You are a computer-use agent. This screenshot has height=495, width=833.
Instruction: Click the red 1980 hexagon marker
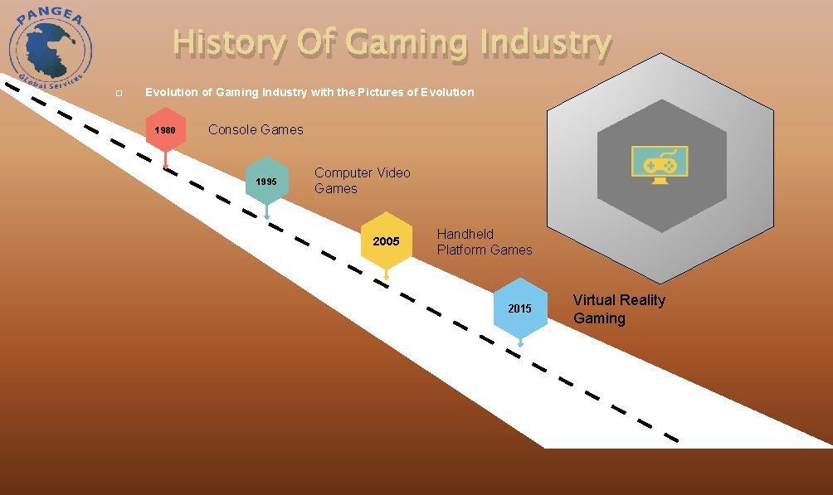point(165,130)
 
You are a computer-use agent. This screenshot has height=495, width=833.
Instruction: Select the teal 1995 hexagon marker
point(266,181)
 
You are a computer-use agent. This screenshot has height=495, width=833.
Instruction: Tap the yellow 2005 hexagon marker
point(386,241)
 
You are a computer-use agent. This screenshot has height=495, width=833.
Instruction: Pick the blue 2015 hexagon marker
point(519,308)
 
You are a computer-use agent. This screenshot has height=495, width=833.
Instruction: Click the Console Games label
point(256,129)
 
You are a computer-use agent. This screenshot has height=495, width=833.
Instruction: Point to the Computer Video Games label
point(362,181)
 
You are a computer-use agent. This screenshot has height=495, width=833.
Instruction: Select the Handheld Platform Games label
point(485,242)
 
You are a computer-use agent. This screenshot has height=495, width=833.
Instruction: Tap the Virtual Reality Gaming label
point(619,308)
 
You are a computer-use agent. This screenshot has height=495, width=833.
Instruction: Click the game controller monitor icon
point(660,164)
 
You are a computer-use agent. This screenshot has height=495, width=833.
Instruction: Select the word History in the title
point(228,43)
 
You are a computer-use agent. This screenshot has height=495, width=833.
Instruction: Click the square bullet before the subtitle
point(119,93)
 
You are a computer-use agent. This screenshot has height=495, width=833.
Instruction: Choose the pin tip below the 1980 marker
point(165,167)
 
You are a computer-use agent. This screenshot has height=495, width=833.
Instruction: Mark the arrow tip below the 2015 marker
point(520,344)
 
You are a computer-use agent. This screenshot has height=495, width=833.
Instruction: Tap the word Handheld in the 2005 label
point(465,235)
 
